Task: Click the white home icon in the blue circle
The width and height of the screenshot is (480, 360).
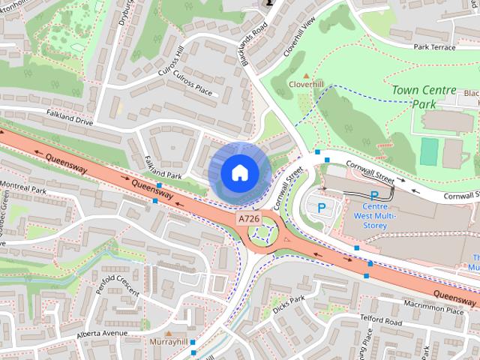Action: (238, 172)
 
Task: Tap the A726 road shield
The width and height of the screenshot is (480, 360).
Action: (250, 218)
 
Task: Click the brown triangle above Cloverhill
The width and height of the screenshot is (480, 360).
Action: (305, 76)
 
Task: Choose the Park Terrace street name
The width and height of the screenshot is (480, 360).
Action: (434, 46)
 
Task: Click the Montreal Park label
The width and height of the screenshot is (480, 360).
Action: (23, 187)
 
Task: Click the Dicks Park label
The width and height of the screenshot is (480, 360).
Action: (289, 304)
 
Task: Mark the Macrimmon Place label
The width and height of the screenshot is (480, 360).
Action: (433, 307)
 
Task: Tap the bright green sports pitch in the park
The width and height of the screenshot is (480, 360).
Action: (429, 151)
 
